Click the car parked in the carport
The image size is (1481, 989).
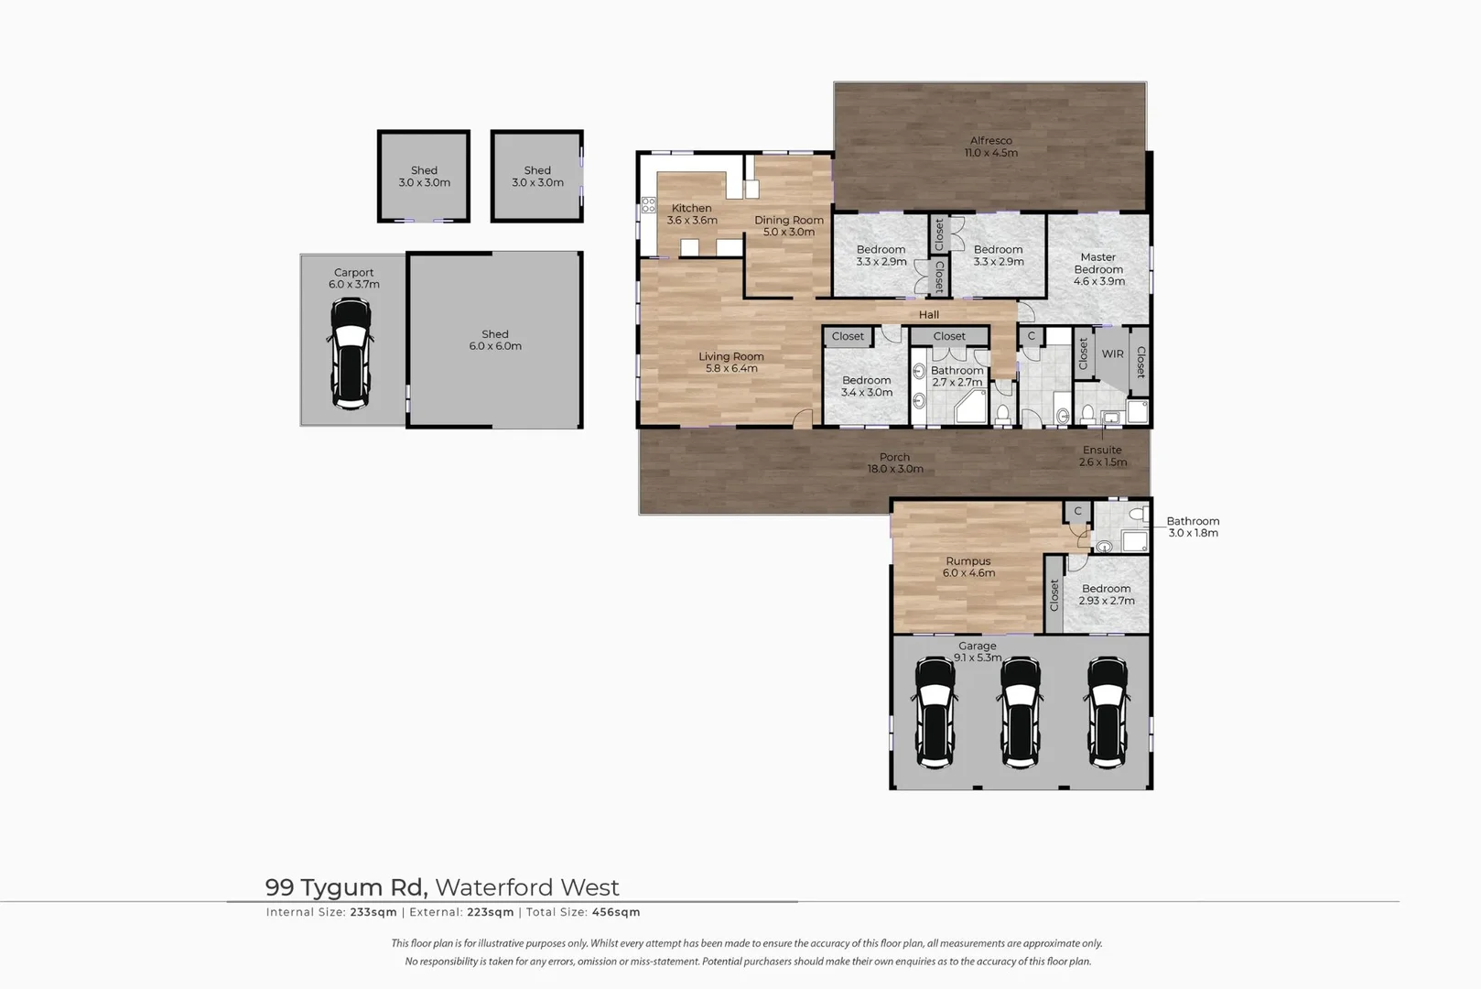350,353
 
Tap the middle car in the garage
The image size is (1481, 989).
1020,712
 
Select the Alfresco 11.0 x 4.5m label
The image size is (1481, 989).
990,147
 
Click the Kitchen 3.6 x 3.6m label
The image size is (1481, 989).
692,214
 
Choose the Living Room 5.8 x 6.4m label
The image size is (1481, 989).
730,363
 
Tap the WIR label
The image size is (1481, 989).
1112,354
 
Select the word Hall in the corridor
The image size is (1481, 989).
929,315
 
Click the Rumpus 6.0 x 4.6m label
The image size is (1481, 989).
968,567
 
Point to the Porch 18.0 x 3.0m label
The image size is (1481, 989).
894,463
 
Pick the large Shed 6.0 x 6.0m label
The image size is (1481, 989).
495,340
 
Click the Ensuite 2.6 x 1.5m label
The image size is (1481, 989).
1102,456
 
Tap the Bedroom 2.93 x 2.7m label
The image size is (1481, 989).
1106,595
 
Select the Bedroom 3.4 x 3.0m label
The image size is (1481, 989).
866,386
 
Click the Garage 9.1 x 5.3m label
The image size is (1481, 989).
978,651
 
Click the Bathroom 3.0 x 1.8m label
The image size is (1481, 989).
1193,527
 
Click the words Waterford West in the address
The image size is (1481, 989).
527,887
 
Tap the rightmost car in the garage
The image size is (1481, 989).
1107,712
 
